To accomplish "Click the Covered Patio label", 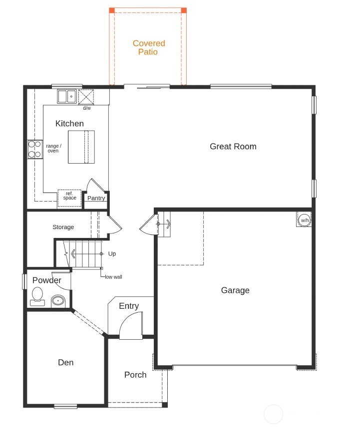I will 149,47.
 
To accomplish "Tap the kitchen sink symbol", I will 66,96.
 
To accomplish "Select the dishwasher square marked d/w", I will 86,96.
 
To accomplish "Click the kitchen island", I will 81,147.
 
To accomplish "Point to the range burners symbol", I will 34,149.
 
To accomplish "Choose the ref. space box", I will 69,198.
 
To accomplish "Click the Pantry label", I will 96,198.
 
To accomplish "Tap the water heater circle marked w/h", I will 304,220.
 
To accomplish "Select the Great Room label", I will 233,146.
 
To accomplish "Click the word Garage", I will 235,290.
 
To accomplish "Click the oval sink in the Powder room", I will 58,301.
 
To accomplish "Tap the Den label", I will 65,363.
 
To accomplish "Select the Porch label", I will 135,375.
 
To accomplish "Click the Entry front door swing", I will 131,327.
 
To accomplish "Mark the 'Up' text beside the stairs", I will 112,254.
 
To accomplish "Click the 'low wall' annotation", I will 113,276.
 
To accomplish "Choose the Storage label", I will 63,227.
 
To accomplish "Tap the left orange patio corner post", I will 112,10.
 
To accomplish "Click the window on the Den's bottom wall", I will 65,406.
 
